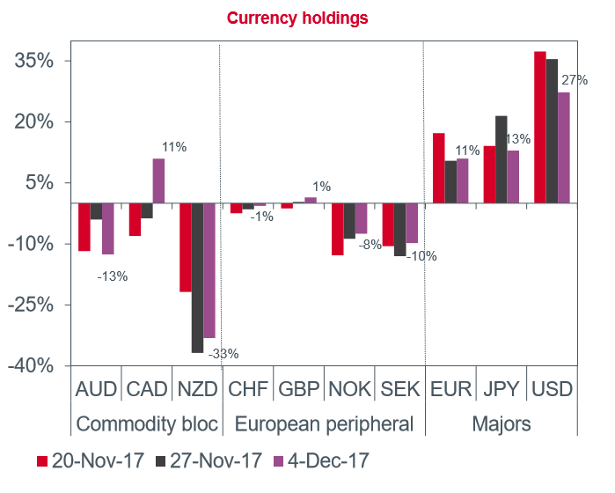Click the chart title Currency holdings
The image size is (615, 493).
point(297,18)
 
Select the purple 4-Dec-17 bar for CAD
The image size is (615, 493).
point(158,180)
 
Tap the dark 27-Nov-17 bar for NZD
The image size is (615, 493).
point(197,277)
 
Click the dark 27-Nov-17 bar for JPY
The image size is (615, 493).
point(502,159)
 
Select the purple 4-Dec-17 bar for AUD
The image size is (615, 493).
point(108,229)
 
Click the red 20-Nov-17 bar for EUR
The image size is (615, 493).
point(438,168)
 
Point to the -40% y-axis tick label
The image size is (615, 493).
point(33,365)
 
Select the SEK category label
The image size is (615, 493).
point(399,388)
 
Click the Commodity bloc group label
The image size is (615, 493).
point(147,423)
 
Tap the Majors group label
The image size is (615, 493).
point(501,423)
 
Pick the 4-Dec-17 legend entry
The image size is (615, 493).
point(320,460)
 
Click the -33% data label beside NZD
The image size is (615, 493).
point(223,354)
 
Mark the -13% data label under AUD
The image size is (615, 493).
point(112,276)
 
